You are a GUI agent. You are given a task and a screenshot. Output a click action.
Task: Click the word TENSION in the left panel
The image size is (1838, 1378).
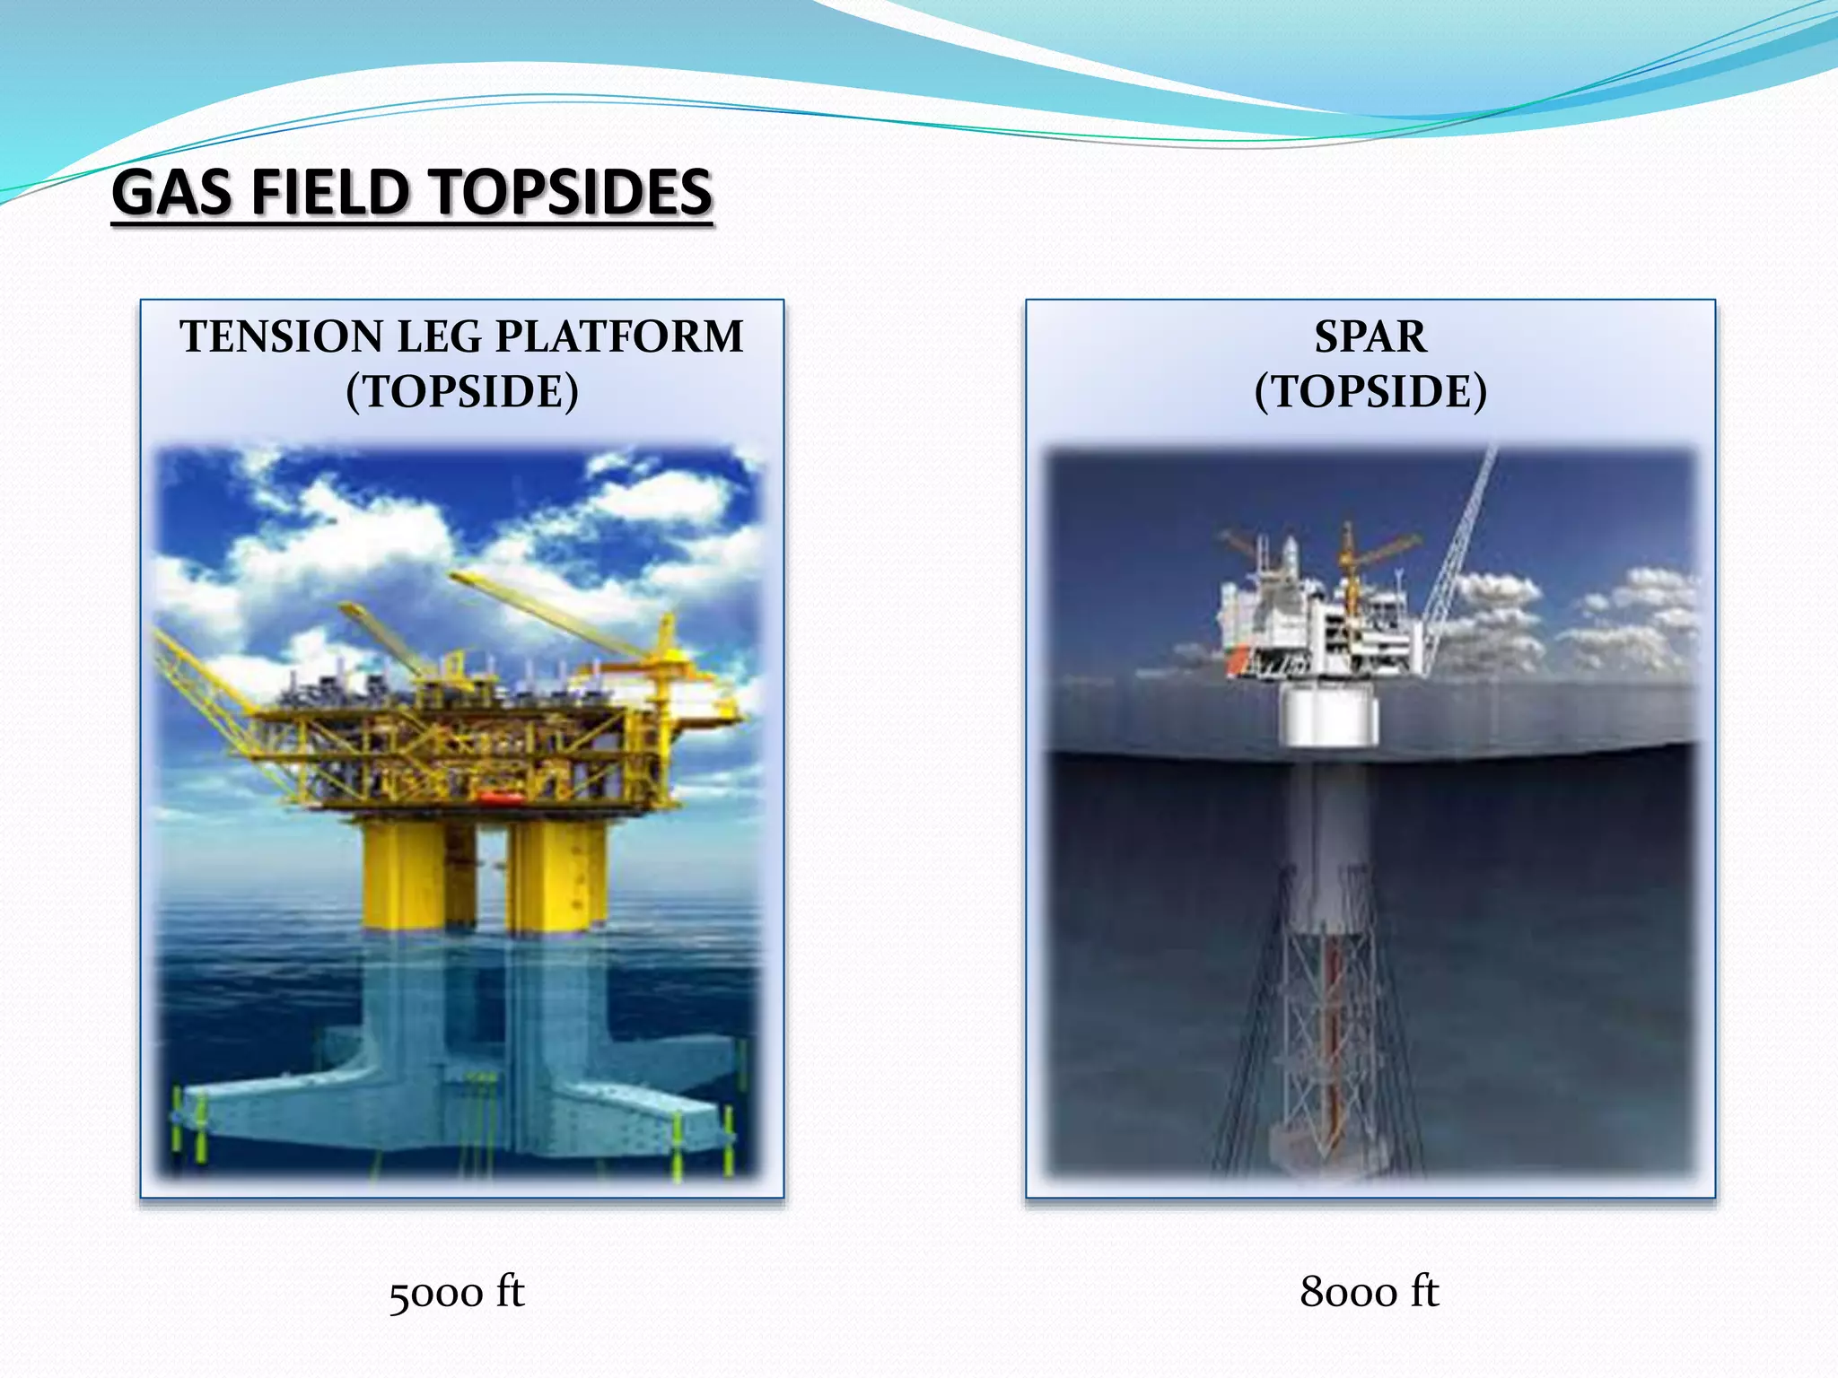pyautogui.click(x=282, y=337)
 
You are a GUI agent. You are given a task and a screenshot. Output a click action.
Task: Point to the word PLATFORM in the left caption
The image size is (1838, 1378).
pyautogui.click(x=619, y=337)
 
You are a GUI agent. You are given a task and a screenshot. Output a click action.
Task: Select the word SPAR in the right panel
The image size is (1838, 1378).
pyautogui.click(x=1370, y=337)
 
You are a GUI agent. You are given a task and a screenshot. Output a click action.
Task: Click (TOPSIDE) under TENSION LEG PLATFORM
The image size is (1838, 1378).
pyautogui.click(x=462, y=391)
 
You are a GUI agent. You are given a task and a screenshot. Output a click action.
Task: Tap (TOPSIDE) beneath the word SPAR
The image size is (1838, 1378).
pyautogui.click(x=1370, y=391)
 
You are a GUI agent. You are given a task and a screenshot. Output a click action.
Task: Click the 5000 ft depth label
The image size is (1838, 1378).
pyautogui.click(x=457, y=1293)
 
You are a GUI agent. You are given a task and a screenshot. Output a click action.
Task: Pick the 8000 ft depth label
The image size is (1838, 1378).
pyautogui.click(x=1369, y=1293)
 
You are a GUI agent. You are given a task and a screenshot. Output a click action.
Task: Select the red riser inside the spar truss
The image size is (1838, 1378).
pyautogui.click(x=1332, y=1032)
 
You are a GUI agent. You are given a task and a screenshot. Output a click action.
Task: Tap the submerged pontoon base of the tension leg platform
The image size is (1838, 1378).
pyautogui.click(x=458, y=1112)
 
